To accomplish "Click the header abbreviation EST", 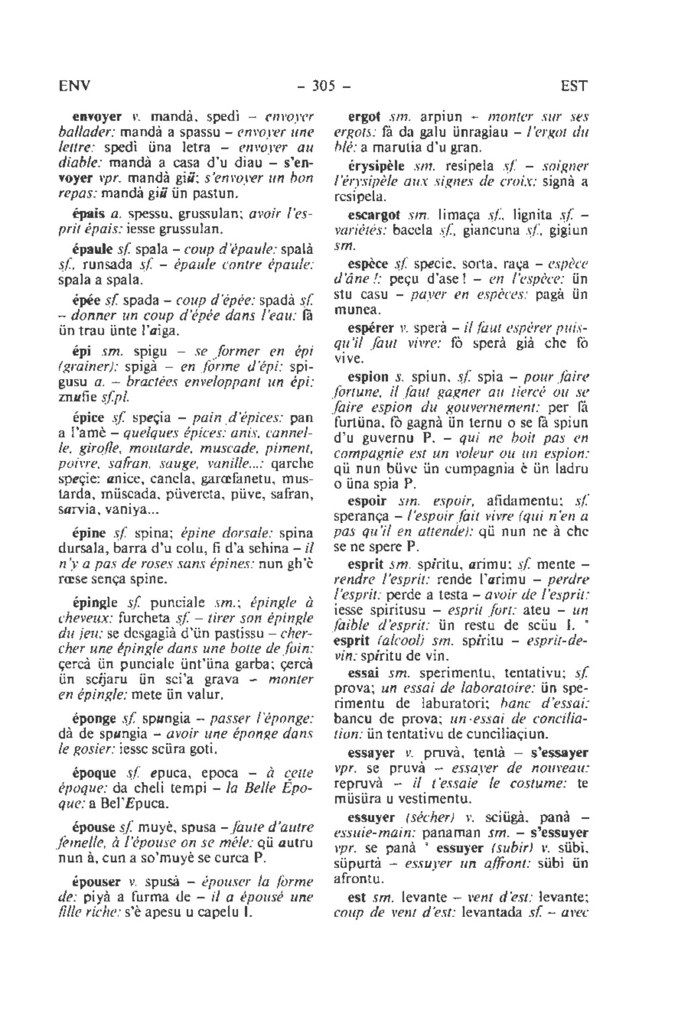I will [x=573, y=87].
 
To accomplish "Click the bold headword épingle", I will [x=95, y=603].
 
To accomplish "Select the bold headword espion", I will [x=368, y=377].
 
